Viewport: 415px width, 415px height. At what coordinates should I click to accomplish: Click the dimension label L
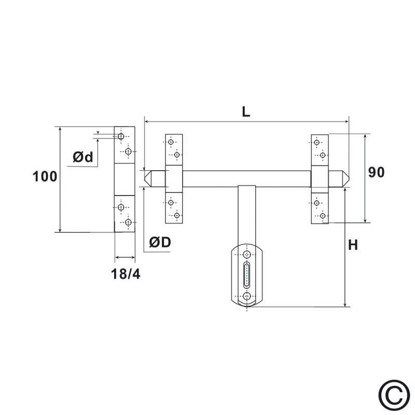pyautogui.click(x=246, y=112)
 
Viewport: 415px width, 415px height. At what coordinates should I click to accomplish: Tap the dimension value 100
pyautogui.click(x=45, y=176)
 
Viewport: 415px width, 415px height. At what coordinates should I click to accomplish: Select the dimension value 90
pyautogui.click(x=376, y=172)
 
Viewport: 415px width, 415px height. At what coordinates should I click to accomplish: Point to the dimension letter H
pyautogui.click(x=353, y=245)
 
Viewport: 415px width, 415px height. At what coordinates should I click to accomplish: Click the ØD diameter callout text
pyautogui.click(x=160, y=242)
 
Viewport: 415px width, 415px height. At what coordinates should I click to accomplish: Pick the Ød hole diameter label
pyautogui.click(x=83, y=157)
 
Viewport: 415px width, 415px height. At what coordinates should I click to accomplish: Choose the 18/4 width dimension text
pyautogui.click(x=126, y=274)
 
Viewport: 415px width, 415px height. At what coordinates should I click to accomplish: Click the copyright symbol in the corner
pyautogui.click(x=394, y=395)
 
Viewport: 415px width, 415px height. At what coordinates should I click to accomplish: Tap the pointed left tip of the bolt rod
pyautogui.click(x=145, y=178)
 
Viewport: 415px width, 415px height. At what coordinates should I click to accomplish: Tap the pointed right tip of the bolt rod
pyautogui.click(x=349, y=178)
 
